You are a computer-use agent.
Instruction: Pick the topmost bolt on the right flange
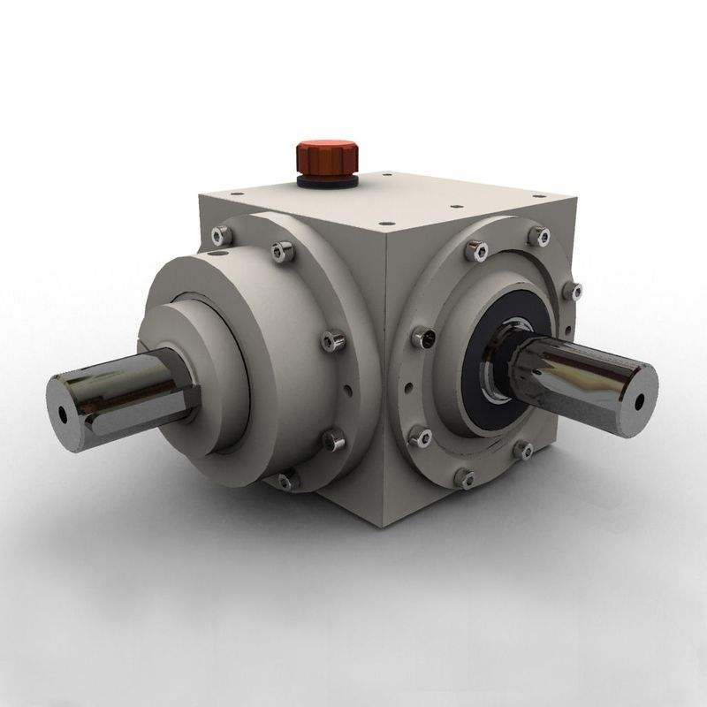click(x=540, y=235)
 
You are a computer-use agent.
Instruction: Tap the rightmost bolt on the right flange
click(x=576, y=291)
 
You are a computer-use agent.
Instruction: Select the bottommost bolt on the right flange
click(x=465, y=478)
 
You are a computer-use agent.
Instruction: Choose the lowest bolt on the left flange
click(x=284, y=481)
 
